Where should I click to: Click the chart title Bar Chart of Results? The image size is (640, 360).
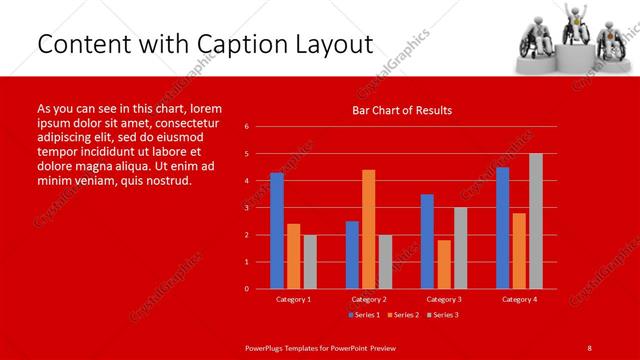pyautogui.click(x=402, y=110)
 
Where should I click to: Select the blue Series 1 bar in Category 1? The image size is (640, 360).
pyautogui.click(x=276, y=231)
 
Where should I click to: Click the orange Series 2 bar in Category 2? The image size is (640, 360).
pyautogui.click(x=368, y=229)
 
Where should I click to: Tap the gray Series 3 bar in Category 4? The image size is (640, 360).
pyautogui.click(x=535, y=221)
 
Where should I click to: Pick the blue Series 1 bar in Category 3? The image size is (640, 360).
pyautogui.click(x=427, y=241)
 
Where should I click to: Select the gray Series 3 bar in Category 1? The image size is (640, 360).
pyautogui.click(x=310, y=261)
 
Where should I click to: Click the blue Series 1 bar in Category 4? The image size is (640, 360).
pyautogui.click(x=502, y=228)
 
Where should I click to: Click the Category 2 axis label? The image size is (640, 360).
pyautogui.click(x=368, y=299)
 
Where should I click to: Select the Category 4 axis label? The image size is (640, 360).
pyautogui.click(x=518, y=299)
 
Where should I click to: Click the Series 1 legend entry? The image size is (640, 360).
pyautogui.click(x=363, y=315)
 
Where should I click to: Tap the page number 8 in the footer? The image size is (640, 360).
pyautogui.click(x=589, y=347)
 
